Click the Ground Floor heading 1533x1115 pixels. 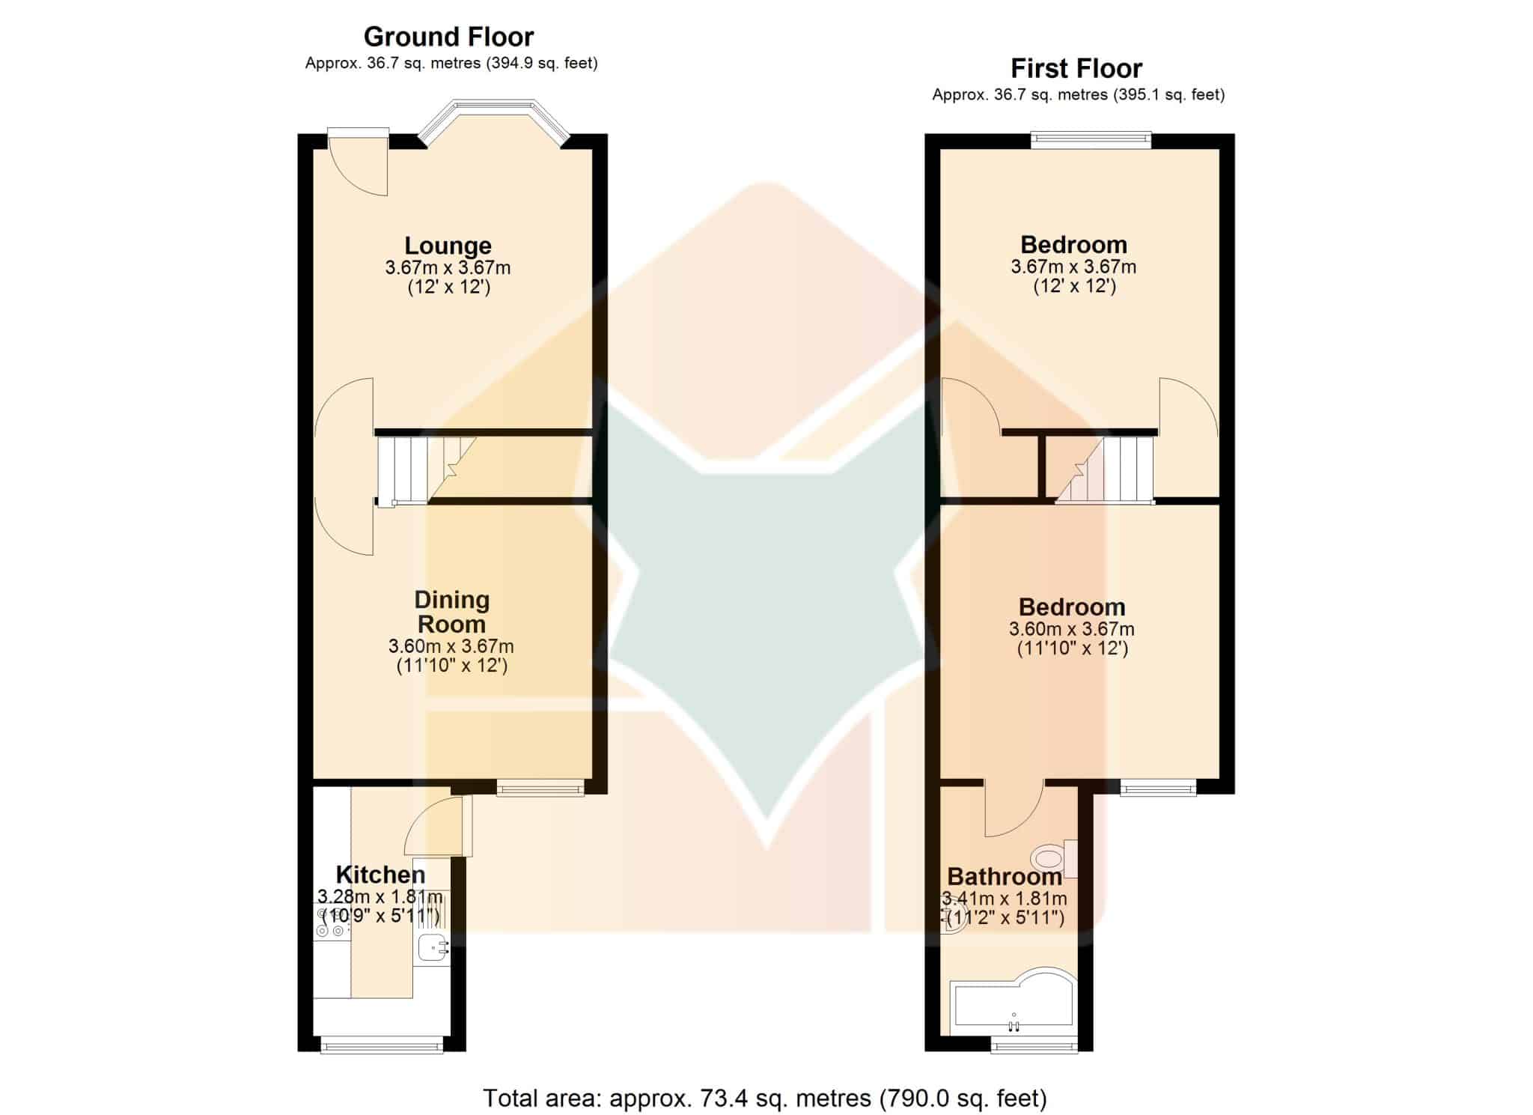click(x=448, y=37)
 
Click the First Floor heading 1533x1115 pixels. click(x=1076, y=69)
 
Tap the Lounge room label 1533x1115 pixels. click(x=448, y=246)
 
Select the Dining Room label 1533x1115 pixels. click(x=451, y=612)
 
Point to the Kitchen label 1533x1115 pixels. click(x=380, y=875)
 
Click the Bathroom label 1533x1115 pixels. click(x=1005, y=876)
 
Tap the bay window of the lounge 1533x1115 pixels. click(x=493, y=120)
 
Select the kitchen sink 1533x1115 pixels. click(x=432, y=947)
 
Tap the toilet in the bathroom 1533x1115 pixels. click(x=1055, y=858)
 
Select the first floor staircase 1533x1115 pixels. click(x=1105, y=470)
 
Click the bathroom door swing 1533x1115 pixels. click(x=1014, y=809)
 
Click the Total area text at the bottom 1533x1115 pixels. click(x=764, y=1098)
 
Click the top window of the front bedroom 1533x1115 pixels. click(x=1091, y=139)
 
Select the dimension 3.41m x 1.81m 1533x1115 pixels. click(x=1005, y=899)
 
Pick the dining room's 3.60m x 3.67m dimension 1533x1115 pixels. click(x=451, y=646)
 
